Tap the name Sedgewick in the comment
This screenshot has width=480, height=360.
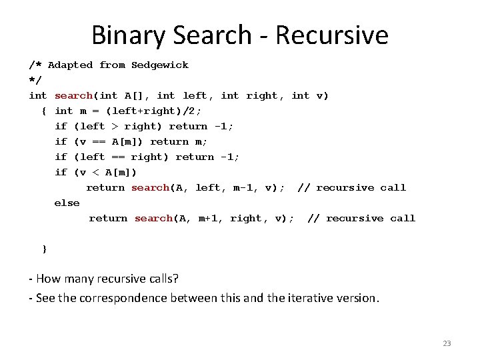160,65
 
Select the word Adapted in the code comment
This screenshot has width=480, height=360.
70,65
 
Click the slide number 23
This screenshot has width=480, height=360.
447,343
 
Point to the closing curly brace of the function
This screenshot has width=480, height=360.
45,249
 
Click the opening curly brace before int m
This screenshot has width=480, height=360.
44,111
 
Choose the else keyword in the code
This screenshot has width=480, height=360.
67,203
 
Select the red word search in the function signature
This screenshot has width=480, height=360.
73,95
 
